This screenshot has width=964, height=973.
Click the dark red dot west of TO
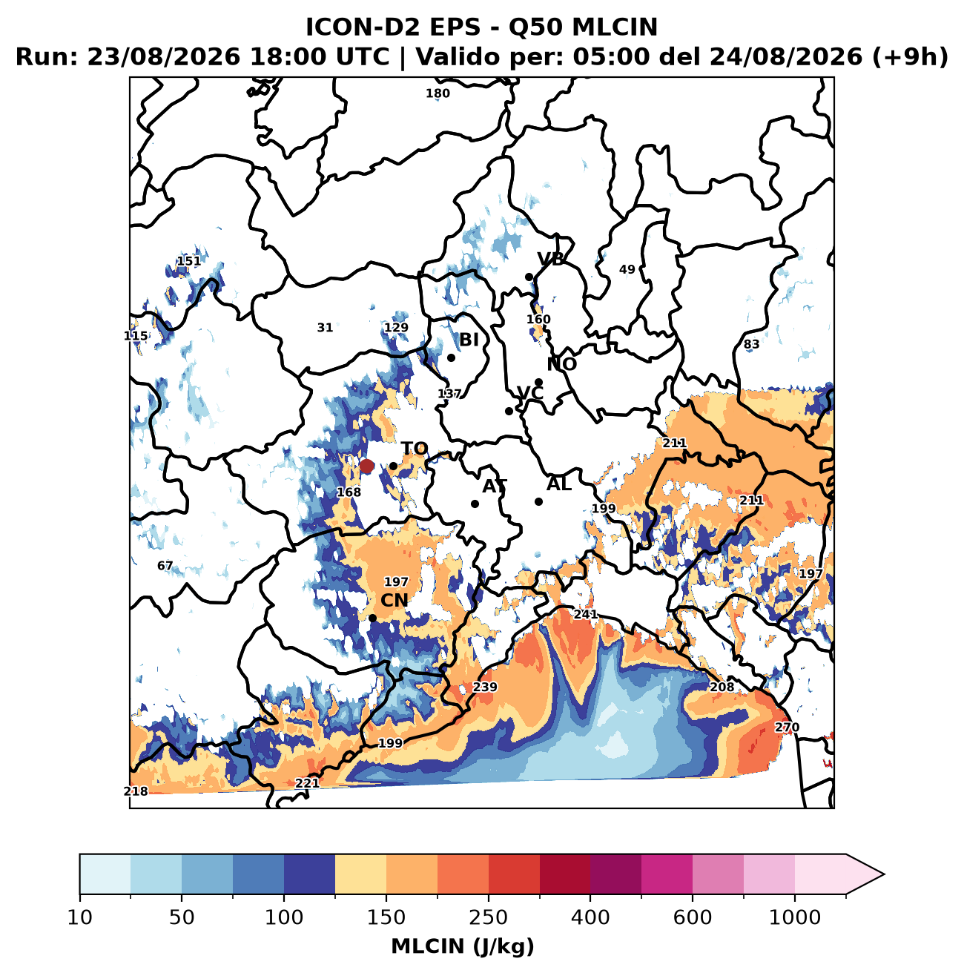(366, 466)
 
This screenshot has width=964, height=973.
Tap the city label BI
(469, 340)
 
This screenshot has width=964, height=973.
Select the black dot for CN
(372, 618)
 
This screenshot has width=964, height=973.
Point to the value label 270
(787, 727)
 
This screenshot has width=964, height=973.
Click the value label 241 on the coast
(586, 615)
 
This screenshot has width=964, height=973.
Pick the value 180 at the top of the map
(438, 93)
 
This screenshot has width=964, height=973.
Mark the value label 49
(627, 270)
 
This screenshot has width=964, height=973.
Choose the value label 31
(325, 328)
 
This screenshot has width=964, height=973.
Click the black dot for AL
(539, 501)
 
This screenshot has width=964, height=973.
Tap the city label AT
(495, 486)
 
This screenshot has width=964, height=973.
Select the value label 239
(485, 687)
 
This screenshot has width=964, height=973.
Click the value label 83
(751, 344)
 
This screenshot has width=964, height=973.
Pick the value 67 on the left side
(165, 566)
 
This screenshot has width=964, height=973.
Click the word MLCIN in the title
(615, 27)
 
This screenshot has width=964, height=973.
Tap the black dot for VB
(529, 277)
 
